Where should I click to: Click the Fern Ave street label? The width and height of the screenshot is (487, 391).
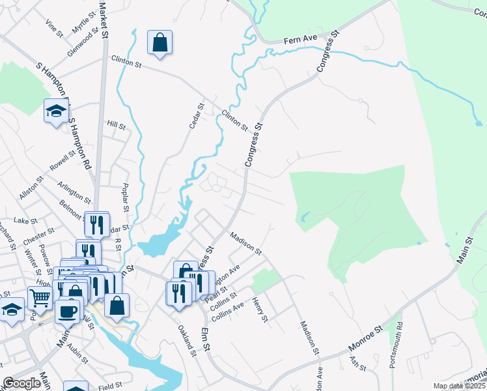300,39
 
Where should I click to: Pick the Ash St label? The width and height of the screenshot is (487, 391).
358,364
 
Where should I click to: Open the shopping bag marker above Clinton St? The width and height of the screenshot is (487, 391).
160,43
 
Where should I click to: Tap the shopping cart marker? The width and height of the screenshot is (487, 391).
40,298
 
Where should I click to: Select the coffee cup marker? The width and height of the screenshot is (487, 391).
68,311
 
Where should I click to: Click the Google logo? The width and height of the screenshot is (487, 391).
21,383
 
